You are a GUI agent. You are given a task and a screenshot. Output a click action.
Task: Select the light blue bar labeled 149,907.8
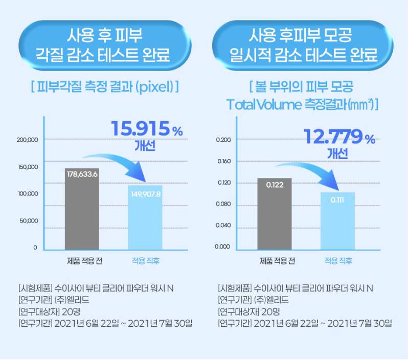[145, 217]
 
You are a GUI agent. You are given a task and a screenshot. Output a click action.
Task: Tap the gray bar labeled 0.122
[275, 214]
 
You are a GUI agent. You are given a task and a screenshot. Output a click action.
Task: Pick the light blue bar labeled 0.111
[337, 221]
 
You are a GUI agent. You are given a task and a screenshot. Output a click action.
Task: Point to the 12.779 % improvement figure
[339, 137]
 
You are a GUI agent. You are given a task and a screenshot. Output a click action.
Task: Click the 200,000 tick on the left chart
[27, 140]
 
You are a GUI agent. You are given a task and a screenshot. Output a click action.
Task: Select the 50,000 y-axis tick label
[29, 221]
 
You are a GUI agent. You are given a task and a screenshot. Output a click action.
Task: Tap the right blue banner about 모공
[304, 44]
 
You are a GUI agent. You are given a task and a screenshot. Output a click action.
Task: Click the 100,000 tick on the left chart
[27, 194]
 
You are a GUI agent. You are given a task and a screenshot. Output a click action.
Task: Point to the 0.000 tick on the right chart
[223, 247]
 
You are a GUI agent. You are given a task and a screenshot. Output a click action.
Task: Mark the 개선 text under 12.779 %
[337, 153]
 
